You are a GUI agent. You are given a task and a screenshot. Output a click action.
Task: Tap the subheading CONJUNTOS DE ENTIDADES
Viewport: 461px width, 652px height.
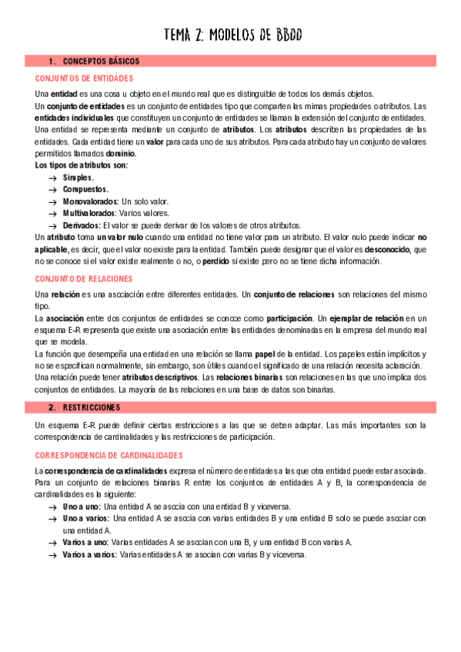tap(85, 78)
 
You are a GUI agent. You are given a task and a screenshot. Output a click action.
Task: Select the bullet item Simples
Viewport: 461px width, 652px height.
tap(79, 178)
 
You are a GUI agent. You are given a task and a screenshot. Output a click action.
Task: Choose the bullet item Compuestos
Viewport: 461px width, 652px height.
tap(85, 189)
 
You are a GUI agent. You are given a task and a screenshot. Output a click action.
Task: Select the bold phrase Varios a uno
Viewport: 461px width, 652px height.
tap(85, 542)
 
